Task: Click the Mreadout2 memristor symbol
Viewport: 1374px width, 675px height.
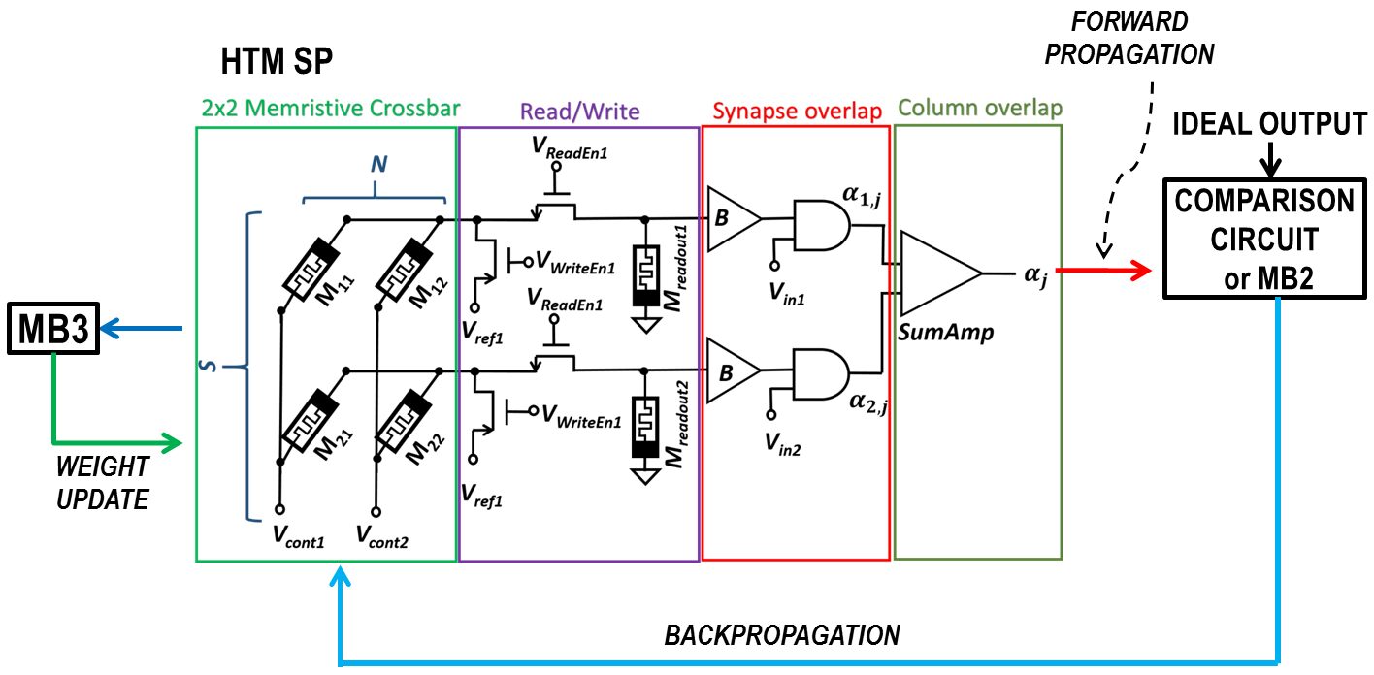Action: click(644, 422)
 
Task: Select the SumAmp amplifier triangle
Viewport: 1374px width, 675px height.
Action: click(936, 274)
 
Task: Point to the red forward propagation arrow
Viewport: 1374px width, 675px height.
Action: click(1107, 274)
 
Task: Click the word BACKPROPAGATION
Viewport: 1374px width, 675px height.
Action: click(782, 635)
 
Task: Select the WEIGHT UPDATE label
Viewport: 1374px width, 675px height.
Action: click(101, 483)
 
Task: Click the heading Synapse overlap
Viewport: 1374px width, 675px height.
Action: click(796, 112)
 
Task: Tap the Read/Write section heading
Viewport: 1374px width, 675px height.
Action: click(580, 112)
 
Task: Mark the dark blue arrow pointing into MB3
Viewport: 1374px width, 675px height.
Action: click(141, 330)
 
